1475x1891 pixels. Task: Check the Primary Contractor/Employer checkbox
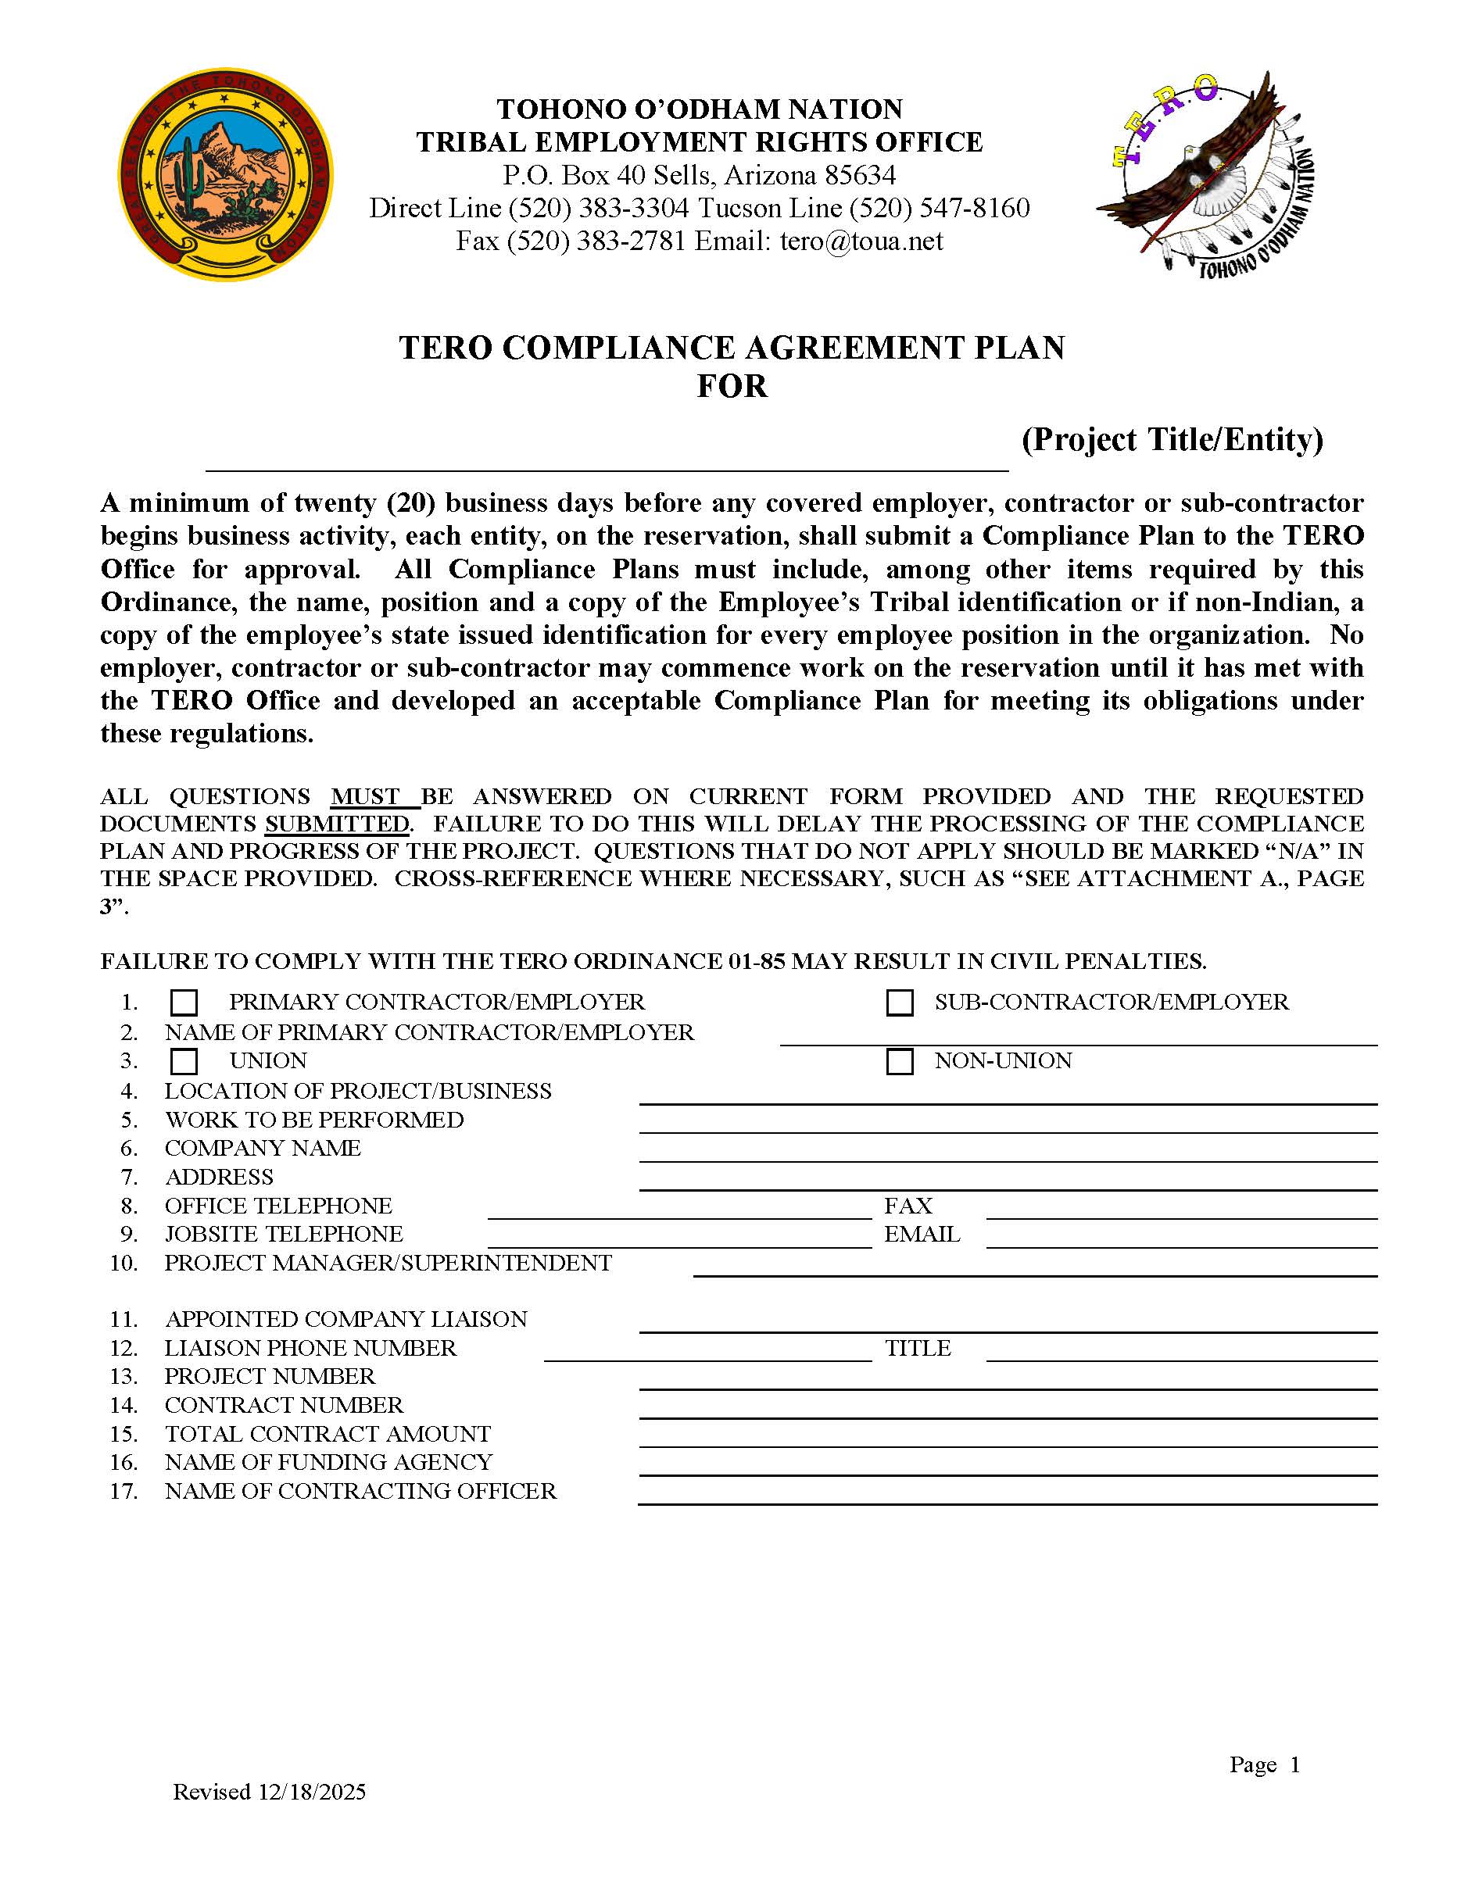[184, 1003]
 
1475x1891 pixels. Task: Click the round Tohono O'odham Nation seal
[225, 175]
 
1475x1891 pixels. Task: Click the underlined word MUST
[366, 796]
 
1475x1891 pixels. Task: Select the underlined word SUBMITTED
[337, 824]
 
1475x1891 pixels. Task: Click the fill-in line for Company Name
[1008, 1152]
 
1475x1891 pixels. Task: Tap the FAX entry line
[1180, 1209]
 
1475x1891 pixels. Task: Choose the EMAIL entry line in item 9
[1180, 1237]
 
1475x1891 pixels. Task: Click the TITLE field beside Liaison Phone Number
[1180, 1351]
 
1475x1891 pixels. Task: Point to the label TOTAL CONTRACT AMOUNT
[328, 1434]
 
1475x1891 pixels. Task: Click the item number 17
[124, 1491]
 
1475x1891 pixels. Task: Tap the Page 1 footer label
[1264, 1764]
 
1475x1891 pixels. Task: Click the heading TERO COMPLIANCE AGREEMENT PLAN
[731, 348]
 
